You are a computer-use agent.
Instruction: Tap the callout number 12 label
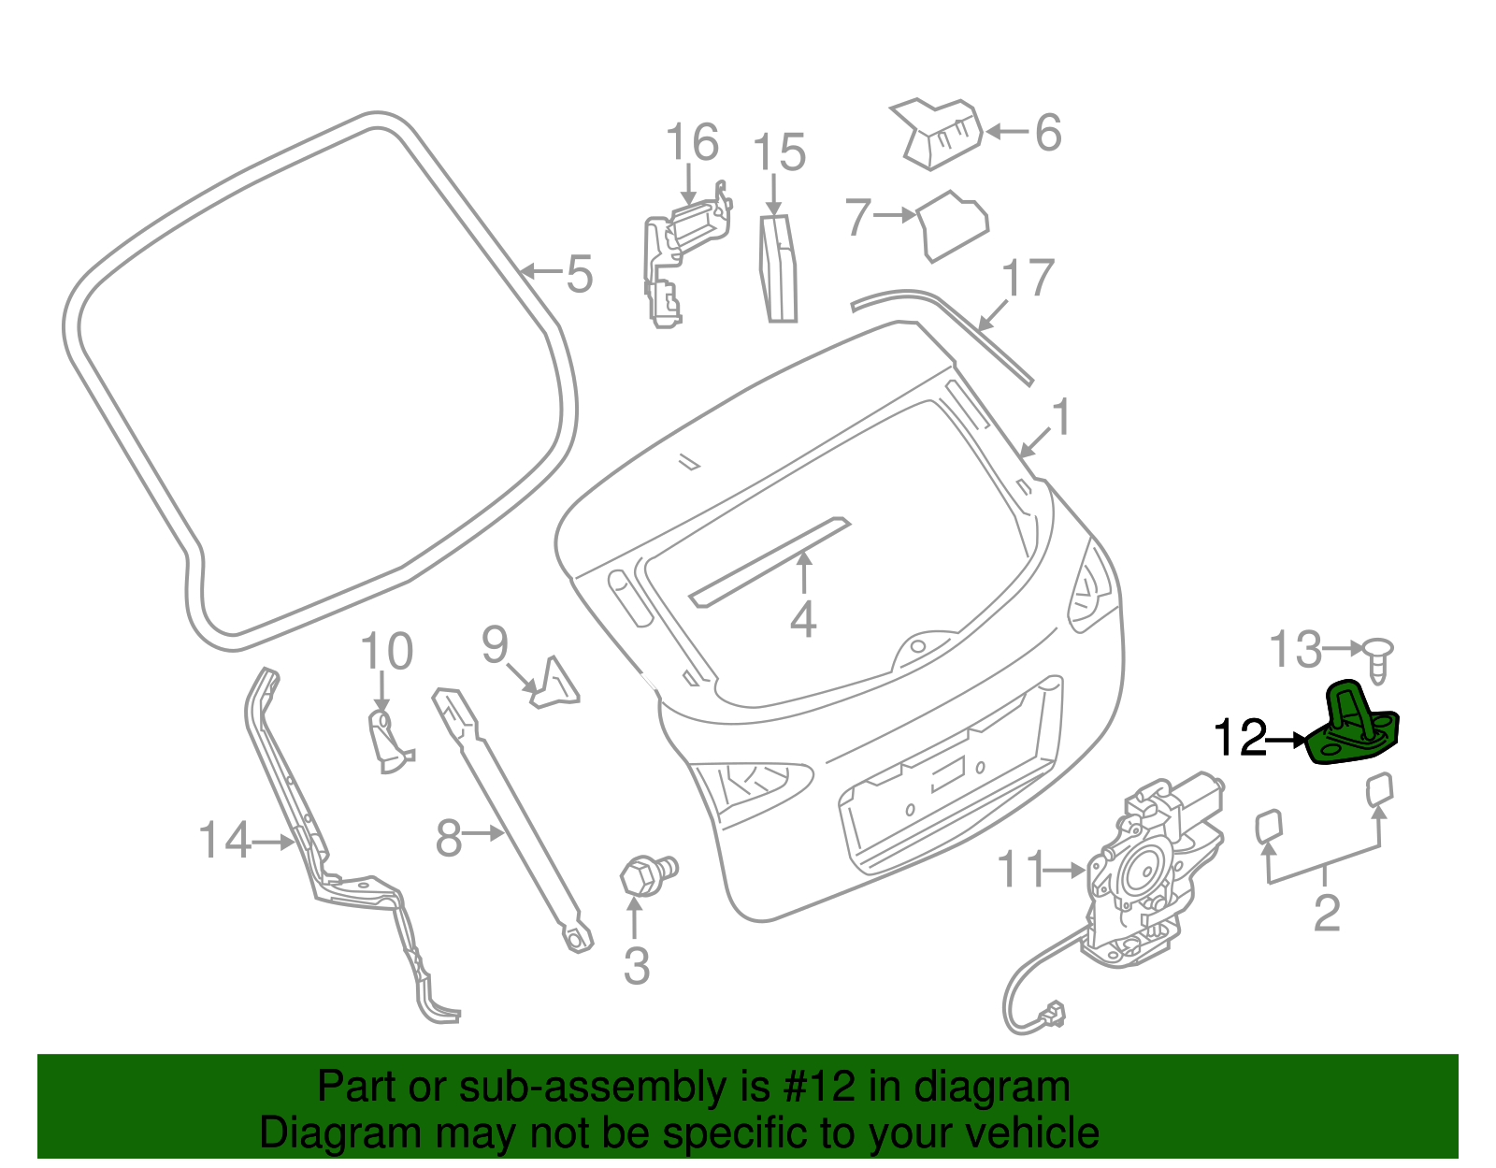[x=1240, y=739]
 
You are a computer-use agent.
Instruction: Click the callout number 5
[x=580, y=273]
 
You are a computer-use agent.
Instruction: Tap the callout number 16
[x=692, y=143]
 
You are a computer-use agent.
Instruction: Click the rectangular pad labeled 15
[x=778, y=269]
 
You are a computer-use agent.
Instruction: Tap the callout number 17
[x=1028, y=279]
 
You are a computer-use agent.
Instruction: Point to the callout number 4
[x=803, y=619]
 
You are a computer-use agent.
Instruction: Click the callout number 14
[x=225, y=840]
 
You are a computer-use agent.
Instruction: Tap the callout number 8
[x=449, y=838]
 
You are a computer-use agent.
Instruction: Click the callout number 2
[x=1327, y=912]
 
